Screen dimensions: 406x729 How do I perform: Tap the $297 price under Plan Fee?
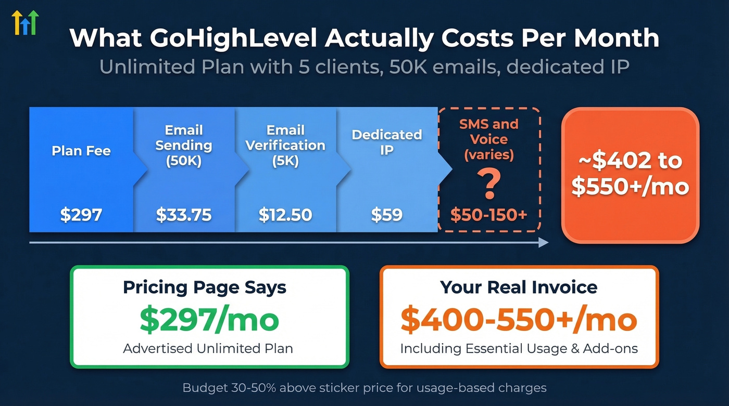(x=81, y=214)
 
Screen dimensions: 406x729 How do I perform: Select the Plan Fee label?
(x=81, y=151)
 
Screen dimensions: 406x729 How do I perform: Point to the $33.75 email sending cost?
(x=184, y=214)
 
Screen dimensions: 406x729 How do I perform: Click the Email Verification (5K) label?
(x=285, y=145)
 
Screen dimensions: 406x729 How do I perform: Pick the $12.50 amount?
(x=285, y=214)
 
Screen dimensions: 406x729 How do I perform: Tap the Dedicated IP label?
(x=386, y=142)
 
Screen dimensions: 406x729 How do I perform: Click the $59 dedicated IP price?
(x=386, y=214)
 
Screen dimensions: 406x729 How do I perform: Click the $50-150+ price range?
(x=489, y=215)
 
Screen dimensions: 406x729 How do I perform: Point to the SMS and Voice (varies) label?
(x=489, y=139)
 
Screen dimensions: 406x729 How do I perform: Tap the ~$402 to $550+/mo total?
(x=630, y=174)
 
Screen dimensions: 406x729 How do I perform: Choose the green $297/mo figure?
(x=209, y=320)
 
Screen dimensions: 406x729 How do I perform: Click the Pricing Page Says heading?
(x=205, y=287)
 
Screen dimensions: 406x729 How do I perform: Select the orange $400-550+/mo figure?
(x=519, y=320)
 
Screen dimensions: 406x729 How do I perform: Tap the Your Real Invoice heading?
(x=519, y=287)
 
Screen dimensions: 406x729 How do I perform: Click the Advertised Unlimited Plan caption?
(x=208, y=348)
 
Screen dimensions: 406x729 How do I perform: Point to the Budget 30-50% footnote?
(x=364, y=388)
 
